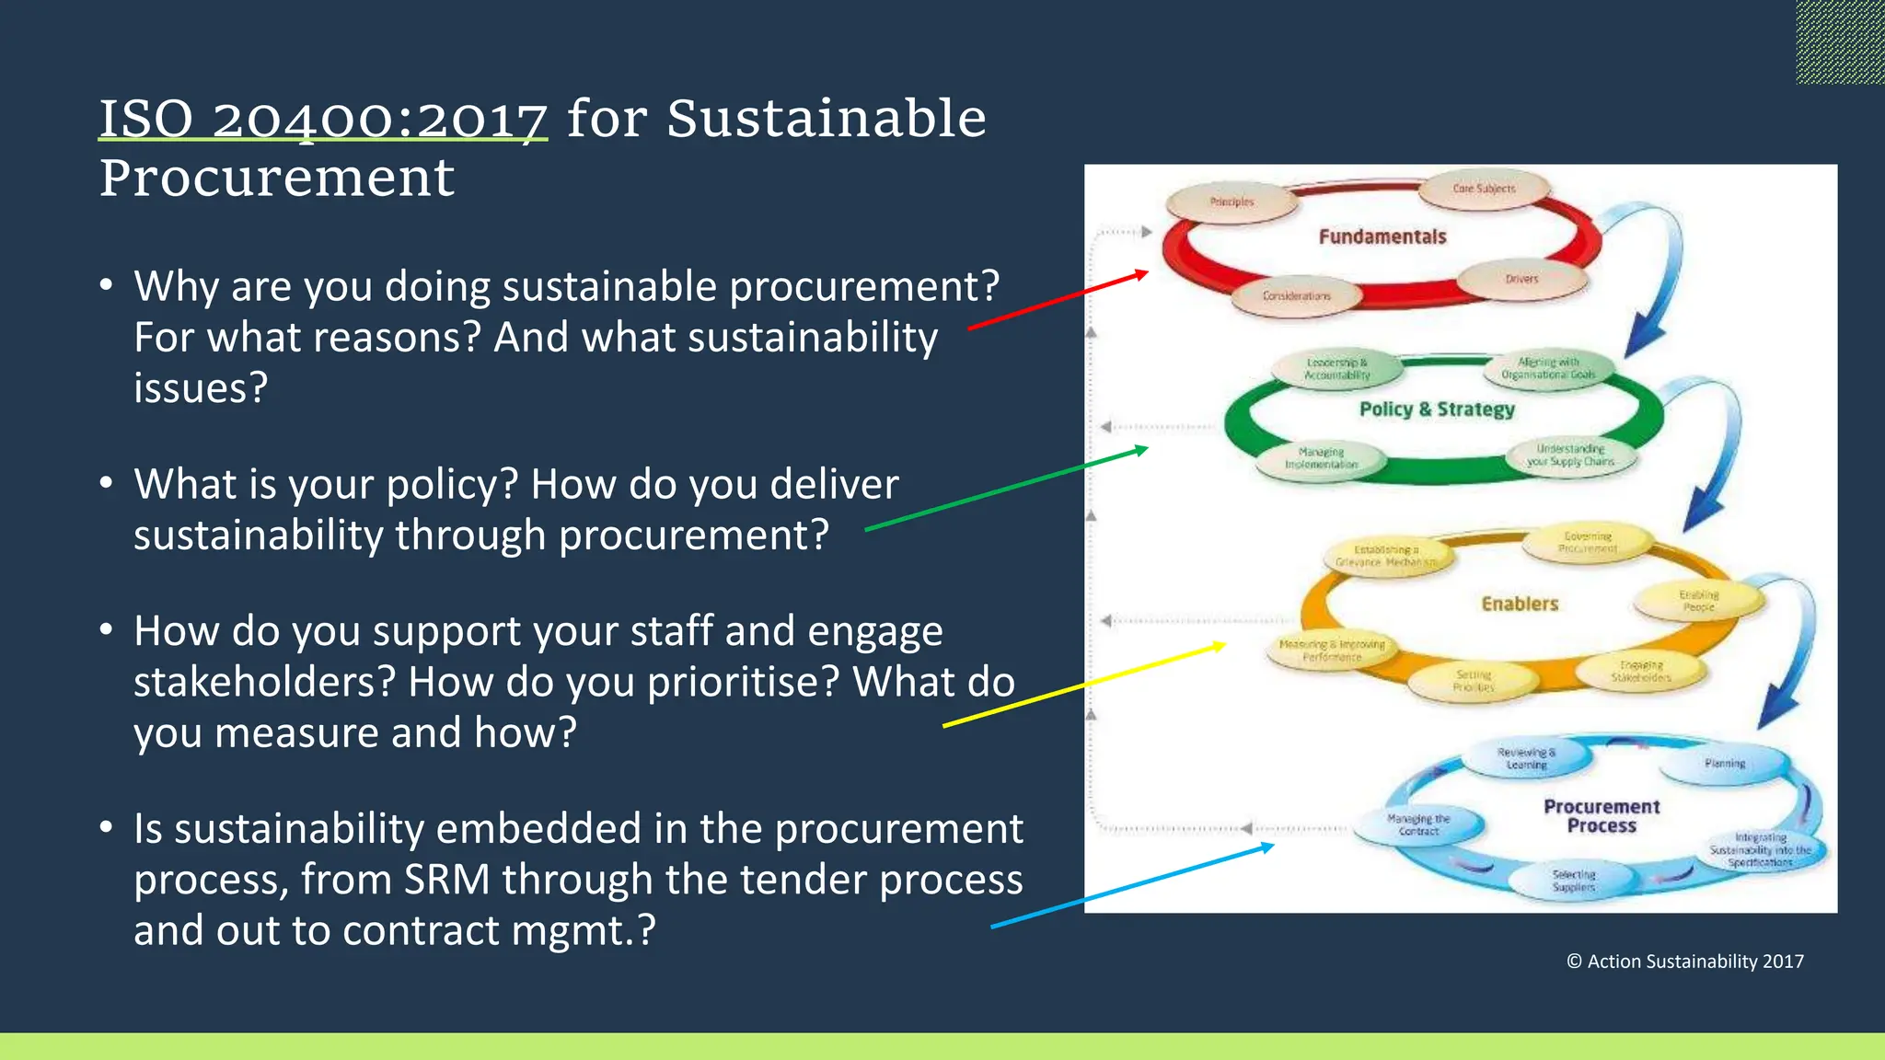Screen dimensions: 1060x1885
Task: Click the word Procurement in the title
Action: tap(277, 177)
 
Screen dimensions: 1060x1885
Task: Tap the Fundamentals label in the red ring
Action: tap(1382, 236)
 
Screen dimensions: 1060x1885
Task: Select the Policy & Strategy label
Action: tap(1437, 409)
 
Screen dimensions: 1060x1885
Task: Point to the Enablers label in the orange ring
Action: tap(1520, 604)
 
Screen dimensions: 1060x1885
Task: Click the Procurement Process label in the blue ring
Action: tap(1602, 816)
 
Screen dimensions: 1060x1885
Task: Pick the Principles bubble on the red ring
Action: tap(1232, 202)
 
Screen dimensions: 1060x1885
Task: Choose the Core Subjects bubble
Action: tap(1484, 189)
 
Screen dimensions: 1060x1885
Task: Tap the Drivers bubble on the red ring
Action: tap(1521, 279)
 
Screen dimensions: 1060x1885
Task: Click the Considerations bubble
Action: tap(1296, 296)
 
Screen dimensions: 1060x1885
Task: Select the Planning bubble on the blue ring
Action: tap(1724, 764)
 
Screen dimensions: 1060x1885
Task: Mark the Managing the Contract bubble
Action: tap(1418, 824)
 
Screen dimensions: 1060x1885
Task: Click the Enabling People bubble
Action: tap(1698, 601)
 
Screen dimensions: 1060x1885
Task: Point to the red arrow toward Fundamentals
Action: tap(1058, 300)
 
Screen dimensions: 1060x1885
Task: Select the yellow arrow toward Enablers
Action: tap(1084, 686)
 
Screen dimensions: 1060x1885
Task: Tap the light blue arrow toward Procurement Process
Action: tap(1132, 886)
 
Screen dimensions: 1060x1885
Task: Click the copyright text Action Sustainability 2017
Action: tap(1685, 962)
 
